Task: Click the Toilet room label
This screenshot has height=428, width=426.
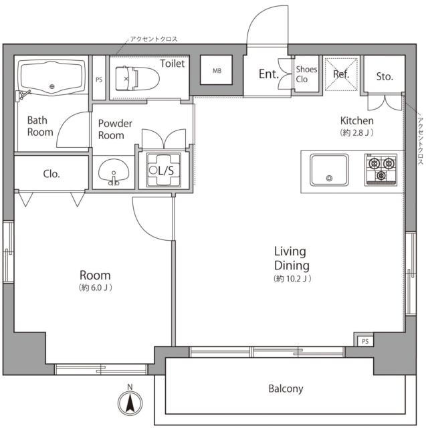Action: [172, 64]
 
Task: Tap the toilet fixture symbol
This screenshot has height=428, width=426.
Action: [137, 79]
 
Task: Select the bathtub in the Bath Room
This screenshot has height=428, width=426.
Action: [52, 78]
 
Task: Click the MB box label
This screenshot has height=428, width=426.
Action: [217, 71]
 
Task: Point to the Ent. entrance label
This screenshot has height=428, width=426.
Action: [269, 74]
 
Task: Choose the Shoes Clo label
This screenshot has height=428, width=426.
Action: [306, 74]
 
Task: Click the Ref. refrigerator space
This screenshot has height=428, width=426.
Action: [341, 74]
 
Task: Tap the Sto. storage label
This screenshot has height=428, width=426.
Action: [385, 76]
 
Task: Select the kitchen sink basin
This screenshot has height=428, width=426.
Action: [329, 170]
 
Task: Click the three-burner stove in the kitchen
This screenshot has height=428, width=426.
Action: [381, 170]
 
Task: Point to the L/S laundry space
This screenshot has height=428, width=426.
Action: [164, 171]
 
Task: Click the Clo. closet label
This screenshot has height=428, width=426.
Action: [51, 174]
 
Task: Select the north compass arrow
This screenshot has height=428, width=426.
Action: [130, 403]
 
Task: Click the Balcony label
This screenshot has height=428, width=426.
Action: [286, 389]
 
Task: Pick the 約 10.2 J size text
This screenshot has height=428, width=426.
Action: [292, 279]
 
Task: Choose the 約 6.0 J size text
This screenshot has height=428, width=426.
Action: [95, 288]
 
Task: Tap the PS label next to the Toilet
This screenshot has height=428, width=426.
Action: [99, 80]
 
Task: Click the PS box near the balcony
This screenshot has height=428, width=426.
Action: [365, 341]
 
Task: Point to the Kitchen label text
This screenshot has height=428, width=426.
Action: [356, 120]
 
